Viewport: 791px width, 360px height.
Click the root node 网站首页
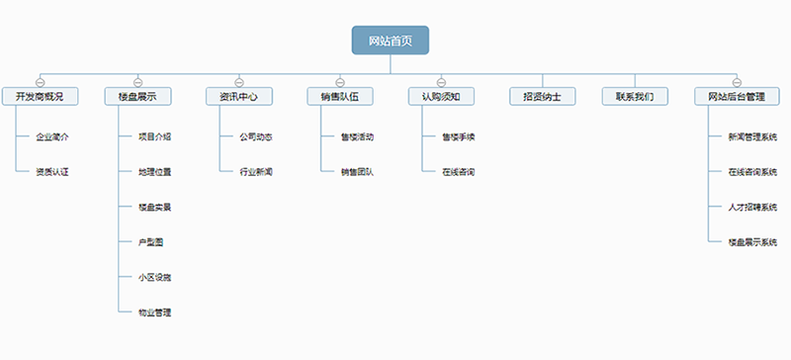tap(391, 41)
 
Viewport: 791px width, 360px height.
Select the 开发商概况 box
tap(40, 97)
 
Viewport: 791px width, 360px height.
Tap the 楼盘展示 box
tap(137, 97)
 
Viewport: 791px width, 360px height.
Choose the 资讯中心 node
tap(238, 97)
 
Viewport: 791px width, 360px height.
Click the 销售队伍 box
tap(339, 97)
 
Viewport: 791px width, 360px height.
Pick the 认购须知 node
tap(440, 97)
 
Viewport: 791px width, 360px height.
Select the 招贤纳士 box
tap(542, 97)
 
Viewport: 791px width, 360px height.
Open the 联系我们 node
tap(635, 97)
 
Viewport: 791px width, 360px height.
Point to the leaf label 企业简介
tap(52, 136)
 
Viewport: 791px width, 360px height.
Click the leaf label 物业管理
tap(155, 313)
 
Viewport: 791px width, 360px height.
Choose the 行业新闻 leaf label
tap(256, 172)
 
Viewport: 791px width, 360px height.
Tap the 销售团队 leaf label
tap(357, 172)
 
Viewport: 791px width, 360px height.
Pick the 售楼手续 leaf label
tap(459, 136)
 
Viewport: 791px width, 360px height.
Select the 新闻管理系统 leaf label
tap(752, 136)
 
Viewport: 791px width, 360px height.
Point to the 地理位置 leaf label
tap(155, 172)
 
